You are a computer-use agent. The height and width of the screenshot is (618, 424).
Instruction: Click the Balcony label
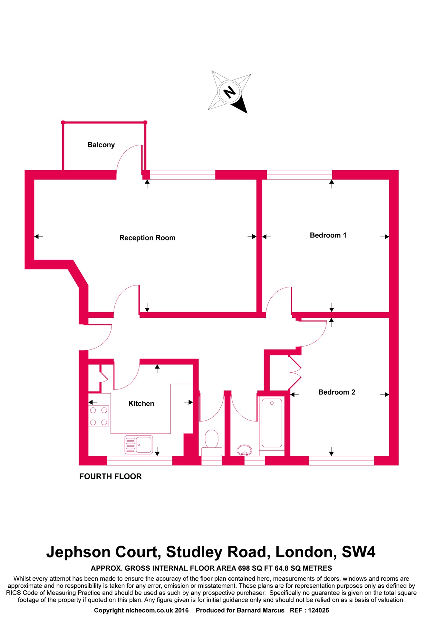tap(101, 145)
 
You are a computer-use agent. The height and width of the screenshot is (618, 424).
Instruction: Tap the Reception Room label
tap(147, 238)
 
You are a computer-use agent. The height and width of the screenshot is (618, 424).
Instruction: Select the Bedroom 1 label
tap(328, 235)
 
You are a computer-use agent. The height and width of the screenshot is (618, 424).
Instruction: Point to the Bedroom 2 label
tap(336, 392)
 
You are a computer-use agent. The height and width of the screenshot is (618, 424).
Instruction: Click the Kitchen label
tap(141, 404)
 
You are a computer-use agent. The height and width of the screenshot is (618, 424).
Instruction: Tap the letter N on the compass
tap(230, 92)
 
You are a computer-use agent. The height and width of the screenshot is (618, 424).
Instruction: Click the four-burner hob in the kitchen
tap(99, 416)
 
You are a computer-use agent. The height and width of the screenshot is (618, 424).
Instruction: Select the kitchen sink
tap(139, 445)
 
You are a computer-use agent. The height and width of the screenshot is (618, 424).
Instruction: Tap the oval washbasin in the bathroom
tap(244, 451)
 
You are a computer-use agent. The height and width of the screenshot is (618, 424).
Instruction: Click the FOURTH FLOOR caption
tap(111, 476)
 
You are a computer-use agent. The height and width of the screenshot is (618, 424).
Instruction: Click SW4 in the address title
tap(358, 552)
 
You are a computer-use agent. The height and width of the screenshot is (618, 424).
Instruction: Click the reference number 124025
tap(318, 610)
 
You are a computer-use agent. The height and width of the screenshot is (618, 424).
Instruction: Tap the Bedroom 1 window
tap(299, 175)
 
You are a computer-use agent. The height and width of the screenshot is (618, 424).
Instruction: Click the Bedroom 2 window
tap(341, 461)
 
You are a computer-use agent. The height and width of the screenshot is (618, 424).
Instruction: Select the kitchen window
tap(140, 461)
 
